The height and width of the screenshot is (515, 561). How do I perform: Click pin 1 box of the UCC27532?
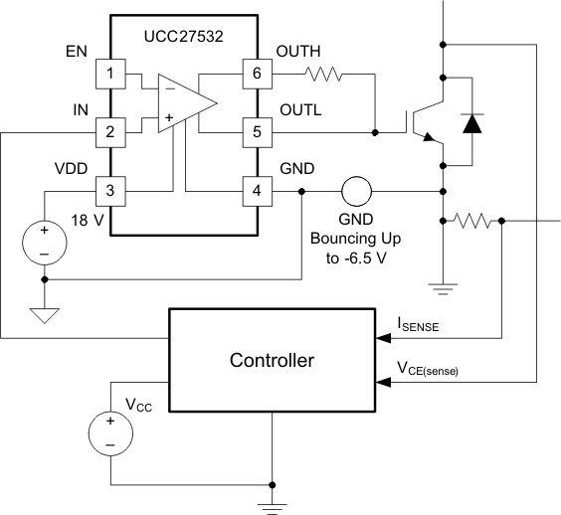[108, 74]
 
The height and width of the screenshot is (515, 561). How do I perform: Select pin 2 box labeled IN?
[108, 130]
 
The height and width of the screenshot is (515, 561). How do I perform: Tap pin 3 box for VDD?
[108, 189]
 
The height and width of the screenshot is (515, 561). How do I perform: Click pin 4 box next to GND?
[256, 189]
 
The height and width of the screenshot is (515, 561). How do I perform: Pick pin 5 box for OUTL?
[256, 130]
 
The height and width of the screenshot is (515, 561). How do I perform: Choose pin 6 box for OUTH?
[256, 74]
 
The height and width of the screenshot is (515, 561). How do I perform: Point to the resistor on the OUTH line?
[323, 74]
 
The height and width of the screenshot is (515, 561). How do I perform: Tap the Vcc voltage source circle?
[110, 432]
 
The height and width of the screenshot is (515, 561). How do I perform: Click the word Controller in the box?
[272, 359]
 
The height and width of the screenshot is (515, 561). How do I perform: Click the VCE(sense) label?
[427, 369]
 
